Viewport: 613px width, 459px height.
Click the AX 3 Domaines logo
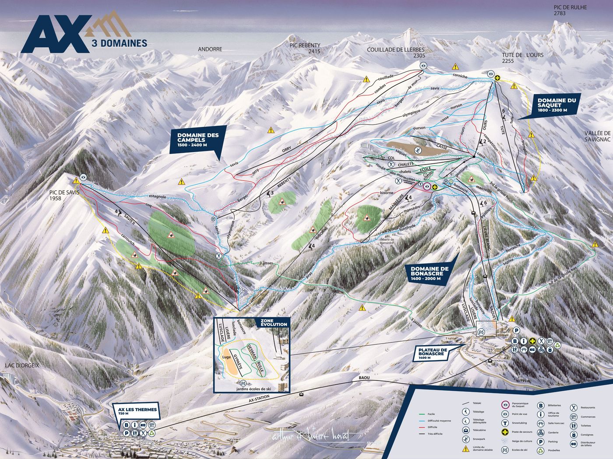coord(83,33)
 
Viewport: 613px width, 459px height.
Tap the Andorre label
coord(210,49)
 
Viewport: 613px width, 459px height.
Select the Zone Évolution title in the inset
coord(274,322)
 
